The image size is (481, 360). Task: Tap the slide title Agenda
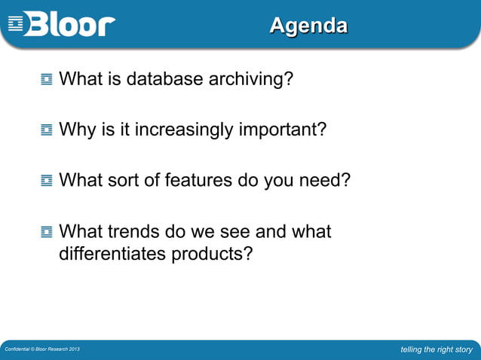point(308,26)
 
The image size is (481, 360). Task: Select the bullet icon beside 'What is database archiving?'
point(47,78)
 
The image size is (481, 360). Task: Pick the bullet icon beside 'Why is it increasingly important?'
point(47,130)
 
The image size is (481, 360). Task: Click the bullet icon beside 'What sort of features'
point(47,181)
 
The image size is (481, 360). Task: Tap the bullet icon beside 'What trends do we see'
point(47,232)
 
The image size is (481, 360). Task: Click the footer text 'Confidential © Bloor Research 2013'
point(41,350)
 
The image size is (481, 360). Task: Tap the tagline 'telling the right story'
point(437,349)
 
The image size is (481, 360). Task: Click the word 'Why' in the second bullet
point(76,130)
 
